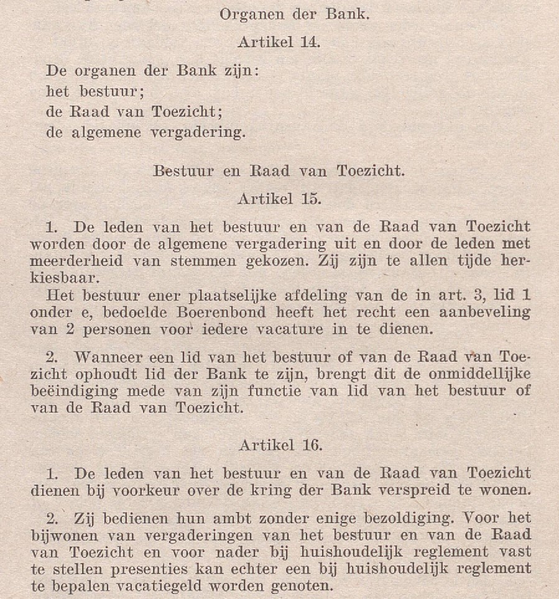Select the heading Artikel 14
pyautogui.click(x=279, y=43)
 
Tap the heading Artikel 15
pyautogui.click(x=279, y=199)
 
